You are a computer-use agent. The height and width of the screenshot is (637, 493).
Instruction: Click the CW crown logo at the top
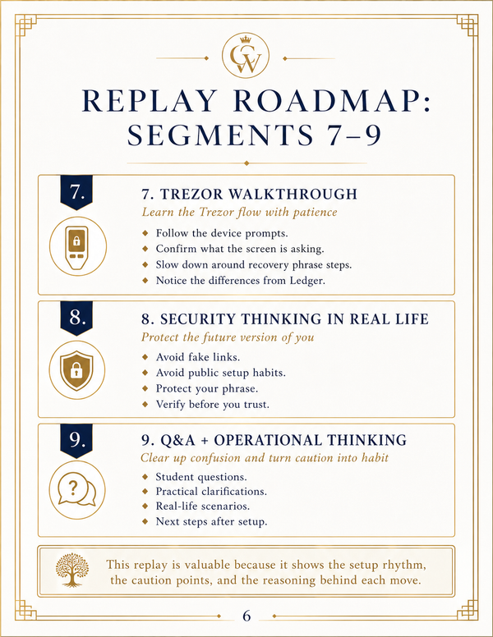[246, 55]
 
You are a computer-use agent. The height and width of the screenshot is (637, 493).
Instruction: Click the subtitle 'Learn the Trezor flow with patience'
[240, 212]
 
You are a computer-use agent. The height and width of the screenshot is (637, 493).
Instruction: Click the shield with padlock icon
[77, 369]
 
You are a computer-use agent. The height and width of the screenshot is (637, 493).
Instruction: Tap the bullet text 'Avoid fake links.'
[198, 357]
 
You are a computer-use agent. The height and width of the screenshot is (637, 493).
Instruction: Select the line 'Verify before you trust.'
[212, 405]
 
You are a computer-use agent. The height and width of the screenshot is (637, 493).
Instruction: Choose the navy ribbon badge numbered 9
[76, 441]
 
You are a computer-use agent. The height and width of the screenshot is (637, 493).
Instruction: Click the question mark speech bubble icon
[77, 490]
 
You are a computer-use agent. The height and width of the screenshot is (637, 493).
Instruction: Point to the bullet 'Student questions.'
[201, 477]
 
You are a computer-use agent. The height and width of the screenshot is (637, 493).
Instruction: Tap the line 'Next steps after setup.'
[211, 521]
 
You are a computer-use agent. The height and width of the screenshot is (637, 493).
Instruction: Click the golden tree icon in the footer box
[72, 570]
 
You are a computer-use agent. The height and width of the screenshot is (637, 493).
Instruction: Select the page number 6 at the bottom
[246, 616]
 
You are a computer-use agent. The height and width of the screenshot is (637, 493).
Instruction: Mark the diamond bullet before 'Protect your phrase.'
[145, 388]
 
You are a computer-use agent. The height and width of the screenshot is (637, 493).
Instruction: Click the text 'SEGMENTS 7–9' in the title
[255, 135]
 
